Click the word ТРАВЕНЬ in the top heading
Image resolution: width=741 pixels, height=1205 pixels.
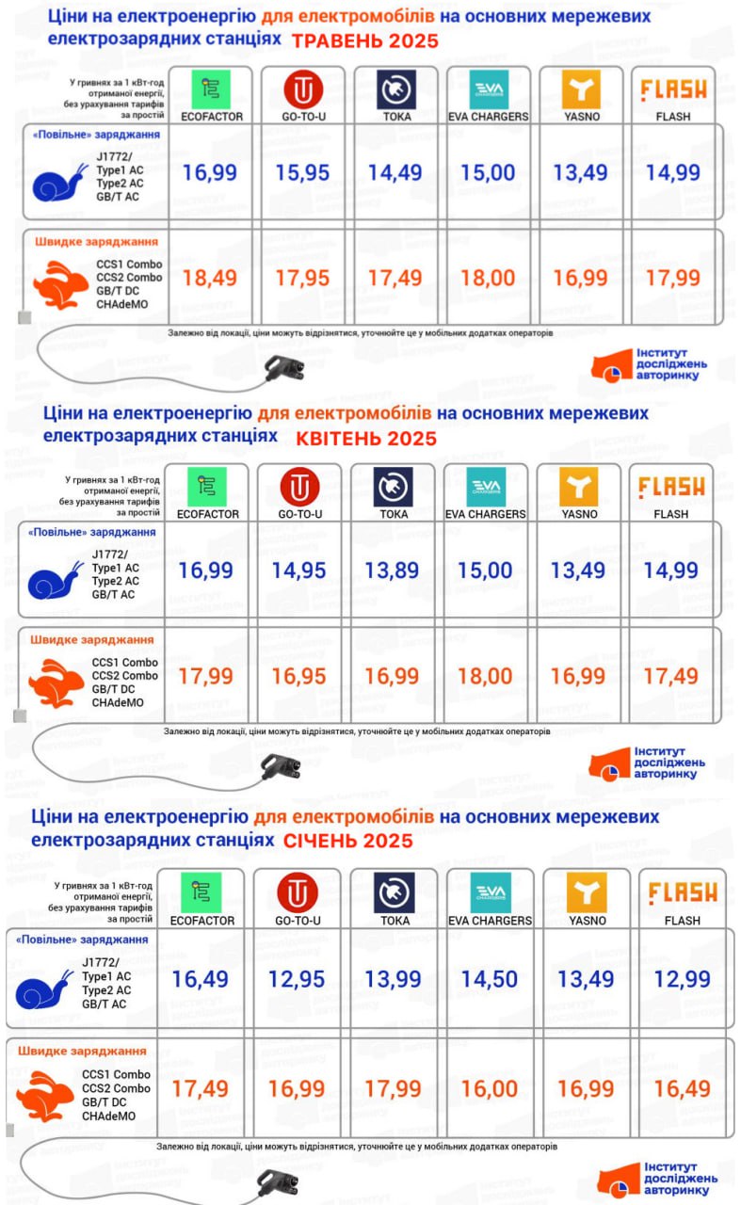[x=341, y=40]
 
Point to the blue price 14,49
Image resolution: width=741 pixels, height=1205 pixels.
[x=395, y=172]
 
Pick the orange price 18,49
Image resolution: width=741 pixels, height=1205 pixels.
[x=211, y=278]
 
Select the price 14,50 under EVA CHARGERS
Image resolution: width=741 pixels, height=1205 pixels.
[x=490, y=979]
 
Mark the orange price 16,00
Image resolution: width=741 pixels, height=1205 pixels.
[x=490, y=1088]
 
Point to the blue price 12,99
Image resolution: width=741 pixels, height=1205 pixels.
[x=683, y=979]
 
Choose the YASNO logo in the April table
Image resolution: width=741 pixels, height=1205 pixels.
[x=579, y=487]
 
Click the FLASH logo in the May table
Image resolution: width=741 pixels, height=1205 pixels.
[x=673, y=89]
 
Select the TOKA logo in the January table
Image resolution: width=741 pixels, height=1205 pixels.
[x=394, y=892]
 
